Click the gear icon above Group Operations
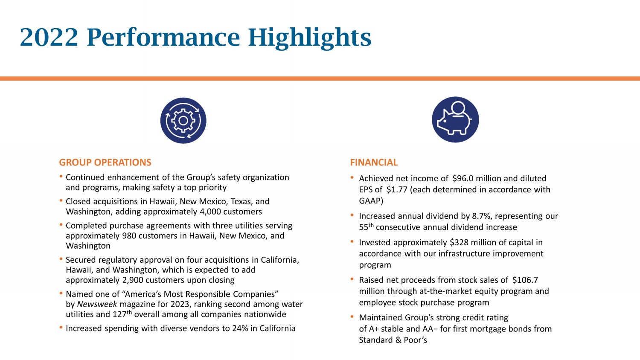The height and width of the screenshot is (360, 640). tap(183, 121)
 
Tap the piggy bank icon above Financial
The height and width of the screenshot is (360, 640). tap(455, 119)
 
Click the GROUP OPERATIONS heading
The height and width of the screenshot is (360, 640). tap(105, 163)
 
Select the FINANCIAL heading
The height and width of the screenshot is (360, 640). tap(374, 163)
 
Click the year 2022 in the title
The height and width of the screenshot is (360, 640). tap(49, 38)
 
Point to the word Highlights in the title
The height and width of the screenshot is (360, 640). tap(310, 38)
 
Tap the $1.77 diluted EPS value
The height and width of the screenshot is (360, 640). tap(397, 189)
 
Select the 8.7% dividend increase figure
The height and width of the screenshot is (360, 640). tap(482, 216)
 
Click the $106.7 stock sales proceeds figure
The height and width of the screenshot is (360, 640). tap(525, 280)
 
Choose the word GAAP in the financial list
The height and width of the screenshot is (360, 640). tap(371, 200)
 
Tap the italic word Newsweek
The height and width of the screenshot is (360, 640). tap(97, 304)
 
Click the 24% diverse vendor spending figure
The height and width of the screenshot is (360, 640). tap(240, 328)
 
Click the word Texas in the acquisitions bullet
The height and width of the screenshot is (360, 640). tap(241, 201)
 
